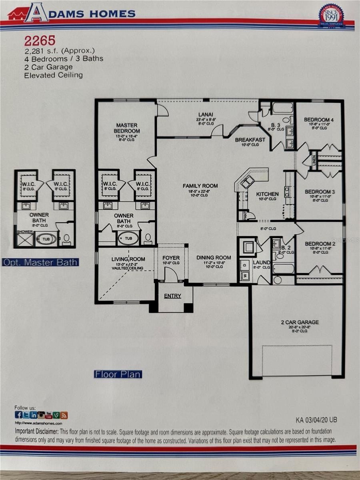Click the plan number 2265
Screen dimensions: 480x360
[x=40, y=40]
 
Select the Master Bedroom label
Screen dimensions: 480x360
[x=127, y=128]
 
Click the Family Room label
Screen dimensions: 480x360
[x=200, y=186]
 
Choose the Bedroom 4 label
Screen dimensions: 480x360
[x=318, y=120]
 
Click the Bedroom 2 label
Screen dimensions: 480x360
[x=320, y=244]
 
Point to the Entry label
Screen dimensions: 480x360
[x=172, y=296]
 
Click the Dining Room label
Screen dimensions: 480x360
[x=214, y=257]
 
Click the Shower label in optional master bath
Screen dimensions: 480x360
[x=24, y=232]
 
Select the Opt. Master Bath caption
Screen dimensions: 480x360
[x=40, y=262]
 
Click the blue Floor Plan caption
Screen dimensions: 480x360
[x=118, y=374]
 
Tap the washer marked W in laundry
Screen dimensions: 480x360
[x=244, y=276]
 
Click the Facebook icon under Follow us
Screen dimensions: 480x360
[x=18, y=415]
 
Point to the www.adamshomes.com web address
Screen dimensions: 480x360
[x=38, y=423]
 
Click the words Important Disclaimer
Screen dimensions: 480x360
[x=36, y=432]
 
